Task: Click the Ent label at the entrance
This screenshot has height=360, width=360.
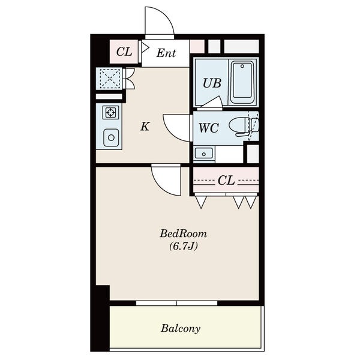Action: pos(166,53)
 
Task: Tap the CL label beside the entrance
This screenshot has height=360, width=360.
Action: pos(124,52)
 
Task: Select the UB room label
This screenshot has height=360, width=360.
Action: pos(212,83)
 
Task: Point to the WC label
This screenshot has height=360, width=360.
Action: pos(209,128)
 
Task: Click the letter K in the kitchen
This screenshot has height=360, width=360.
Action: pos(145,126)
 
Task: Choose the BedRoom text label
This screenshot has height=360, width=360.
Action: pos(184,234)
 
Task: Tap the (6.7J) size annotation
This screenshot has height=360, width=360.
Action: pos(184,247)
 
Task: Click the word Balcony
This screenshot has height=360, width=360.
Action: pos(181,329)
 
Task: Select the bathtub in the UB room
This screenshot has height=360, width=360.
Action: pos(242,82)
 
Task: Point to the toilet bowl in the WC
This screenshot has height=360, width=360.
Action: pos(244,127)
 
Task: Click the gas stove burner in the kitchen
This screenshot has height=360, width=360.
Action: pos(111,112)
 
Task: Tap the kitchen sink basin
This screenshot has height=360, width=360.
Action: pos(111,138)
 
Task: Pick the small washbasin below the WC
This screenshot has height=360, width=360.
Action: pos(204,153)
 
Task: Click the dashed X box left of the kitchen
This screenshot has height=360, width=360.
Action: pos(110,79)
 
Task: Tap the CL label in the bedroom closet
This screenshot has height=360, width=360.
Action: pos(226,181)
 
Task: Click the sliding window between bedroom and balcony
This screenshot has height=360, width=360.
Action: pos(176,303)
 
